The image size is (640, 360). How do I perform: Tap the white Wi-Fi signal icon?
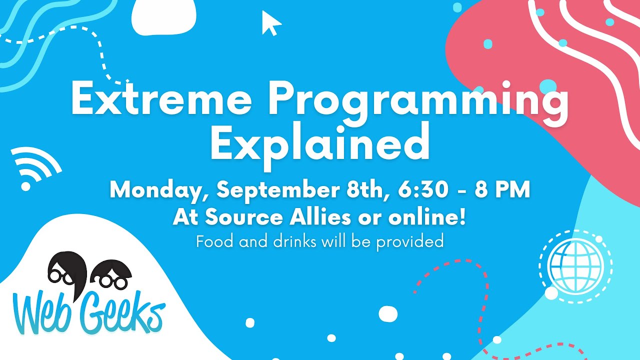(33, 168)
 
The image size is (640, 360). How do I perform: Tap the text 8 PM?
(501, 190)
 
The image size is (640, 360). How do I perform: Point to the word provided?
(409, 242)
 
